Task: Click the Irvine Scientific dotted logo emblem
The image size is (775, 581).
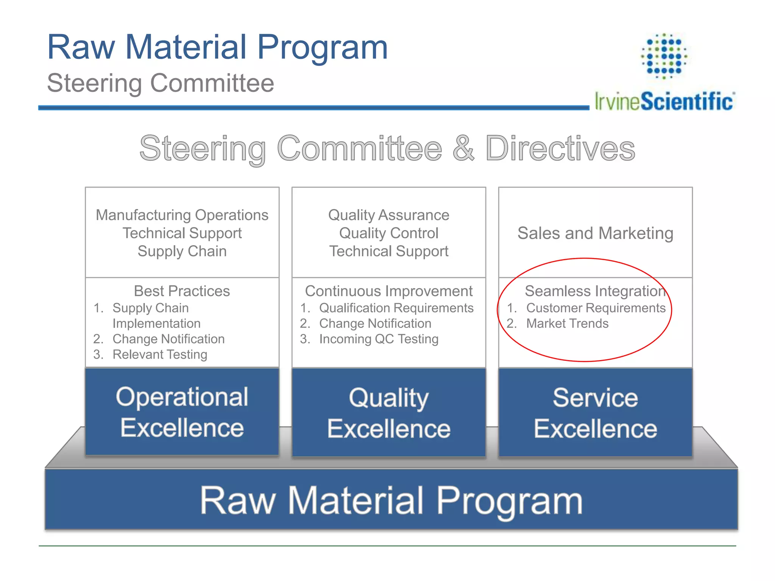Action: click(664, 56)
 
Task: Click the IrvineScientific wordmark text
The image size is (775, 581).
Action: click(664, 101)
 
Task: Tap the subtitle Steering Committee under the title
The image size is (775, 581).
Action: click(160, 83)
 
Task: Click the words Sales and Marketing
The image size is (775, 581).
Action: click(595, 233)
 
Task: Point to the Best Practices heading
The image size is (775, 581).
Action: click(182, 291)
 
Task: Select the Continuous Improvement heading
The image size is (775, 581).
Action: click(389, 291)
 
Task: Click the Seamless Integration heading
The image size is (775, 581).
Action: click(595, 291)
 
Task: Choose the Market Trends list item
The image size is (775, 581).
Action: click(567, 323)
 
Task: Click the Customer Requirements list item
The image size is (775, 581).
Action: click(596, 308)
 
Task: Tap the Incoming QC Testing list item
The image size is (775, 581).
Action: click(379, 339)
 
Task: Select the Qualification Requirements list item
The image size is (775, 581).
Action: click(396, 308)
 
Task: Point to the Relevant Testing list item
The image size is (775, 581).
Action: click(160, 354)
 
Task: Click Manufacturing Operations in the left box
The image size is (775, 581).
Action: click(182, 215)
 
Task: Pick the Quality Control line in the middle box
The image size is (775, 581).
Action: click(389, 233)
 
